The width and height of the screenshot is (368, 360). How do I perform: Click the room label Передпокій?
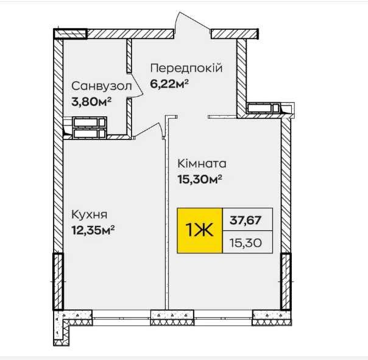(x=186, y=68)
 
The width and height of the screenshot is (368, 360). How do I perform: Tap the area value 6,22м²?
(x=169, y=83)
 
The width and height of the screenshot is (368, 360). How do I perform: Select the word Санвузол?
(x=102, y=86)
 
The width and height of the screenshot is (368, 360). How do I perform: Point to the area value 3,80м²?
(x=91, y=102)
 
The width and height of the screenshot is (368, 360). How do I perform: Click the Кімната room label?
(x=202, y=164)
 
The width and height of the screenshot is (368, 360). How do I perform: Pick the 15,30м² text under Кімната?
(x=200, y=180)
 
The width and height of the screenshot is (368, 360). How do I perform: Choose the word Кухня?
(x=89, y=215)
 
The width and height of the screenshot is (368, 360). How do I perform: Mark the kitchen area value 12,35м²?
(x=93, y=230)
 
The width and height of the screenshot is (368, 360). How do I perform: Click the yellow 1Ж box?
(x=200, y=230)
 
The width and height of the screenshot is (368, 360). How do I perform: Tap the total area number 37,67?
(x=246, y=220)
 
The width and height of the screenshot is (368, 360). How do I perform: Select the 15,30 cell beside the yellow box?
(x=247, y=242)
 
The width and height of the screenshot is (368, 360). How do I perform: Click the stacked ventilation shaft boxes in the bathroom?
(x=90, y=128)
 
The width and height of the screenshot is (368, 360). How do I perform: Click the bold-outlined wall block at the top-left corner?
(x=70, y=34)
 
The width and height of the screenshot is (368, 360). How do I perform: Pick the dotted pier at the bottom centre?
(x=172, y=318)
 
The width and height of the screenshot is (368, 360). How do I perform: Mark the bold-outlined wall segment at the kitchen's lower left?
(x=58, y=281)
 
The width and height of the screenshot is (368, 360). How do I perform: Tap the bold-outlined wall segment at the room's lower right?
(x=286, y=281)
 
